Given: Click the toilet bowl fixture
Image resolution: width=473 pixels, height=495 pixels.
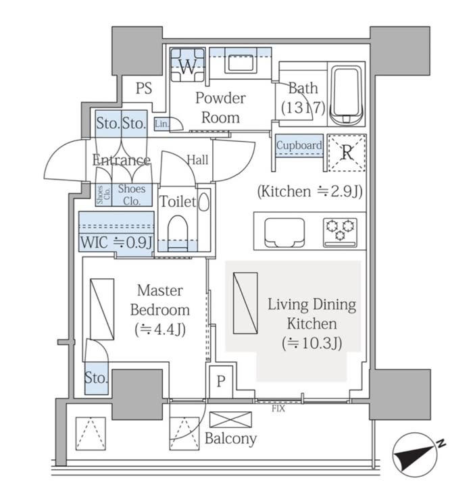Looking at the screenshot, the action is click(x=178, y=233).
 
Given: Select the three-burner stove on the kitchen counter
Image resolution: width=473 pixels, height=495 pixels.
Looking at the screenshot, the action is click(x=340, y=232).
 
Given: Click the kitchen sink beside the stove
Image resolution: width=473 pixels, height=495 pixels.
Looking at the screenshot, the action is click(x=284, y=232).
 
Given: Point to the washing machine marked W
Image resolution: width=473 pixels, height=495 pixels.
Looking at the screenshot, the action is click(x=187, y=65).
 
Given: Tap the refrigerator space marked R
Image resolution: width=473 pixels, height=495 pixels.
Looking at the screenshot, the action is click(x=347, y=153).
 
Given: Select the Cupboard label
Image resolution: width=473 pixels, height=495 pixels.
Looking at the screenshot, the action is click(x=299, y=145).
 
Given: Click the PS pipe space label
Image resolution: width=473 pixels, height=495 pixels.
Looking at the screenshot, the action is click(x=144, y=88).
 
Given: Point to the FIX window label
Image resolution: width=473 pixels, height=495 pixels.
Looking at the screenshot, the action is click(x=278, y=409).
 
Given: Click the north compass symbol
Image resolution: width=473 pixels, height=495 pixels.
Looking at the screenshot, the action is click(x=416, y=454).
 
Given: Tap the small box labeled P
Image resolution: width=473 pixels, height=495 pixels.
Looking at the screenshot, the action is click(x=220, y=382).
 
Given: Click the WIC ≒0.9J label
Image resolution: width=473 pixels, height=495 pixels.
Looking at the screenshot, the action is click(x=117, y=242).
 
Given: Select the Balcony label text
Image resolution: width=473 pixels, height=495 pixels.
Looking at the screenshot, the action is click(x=230, y=439).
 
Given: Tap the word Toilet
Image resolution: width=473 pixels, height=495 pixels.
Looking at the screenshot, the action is click(x=178, y=201).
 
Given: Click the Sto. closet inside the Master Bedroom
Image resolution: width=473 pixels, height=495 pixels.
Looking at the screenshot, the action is click(x=97, y=378).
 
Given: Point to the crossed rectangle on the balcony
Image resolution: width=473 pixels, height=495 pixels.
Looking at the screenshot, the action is click(x=230, y=419).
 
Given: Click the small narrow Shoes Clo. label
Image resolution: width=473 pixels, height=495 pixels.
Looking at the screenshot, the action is click(x=103, y=195).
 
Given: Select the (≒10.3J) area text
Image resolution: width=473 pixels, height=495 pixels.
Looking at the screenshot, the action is click(x=312, y=343).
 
